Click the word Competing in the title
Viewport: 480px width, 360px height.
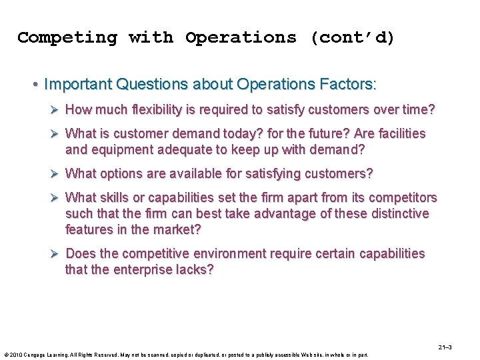pos(67,37)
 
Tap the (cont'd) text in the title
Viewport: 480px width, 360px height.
pos(352,37)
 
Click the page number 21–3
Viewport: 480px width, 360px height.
pos(445,347)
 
